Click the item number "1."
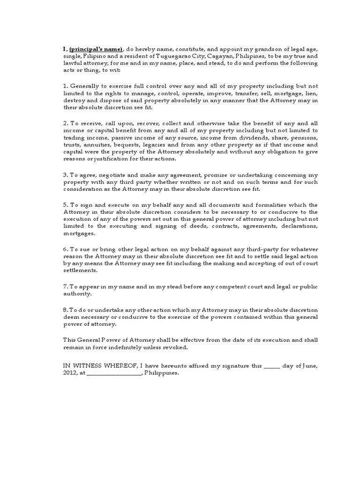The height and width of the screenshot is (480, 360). click(66, 87)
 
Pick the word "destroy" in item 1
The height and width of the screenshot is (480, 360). click(74, 100)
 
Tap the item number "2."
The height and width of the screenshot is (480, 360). click(66, 123)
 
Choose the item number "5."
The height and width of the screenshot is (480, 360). click(66, 205)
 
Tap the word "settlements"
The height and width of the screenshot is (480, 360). click(80, 270)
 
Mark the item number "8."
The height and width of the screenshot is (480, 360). click(66, 310)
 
